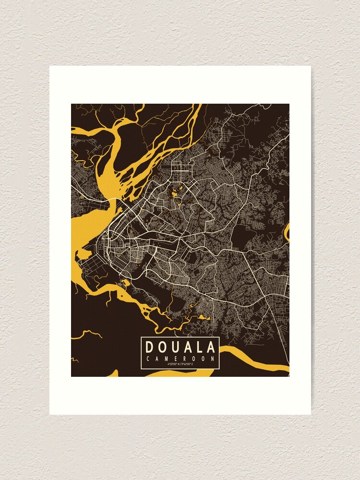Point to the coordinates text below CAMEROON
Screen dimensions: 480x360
180,364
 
